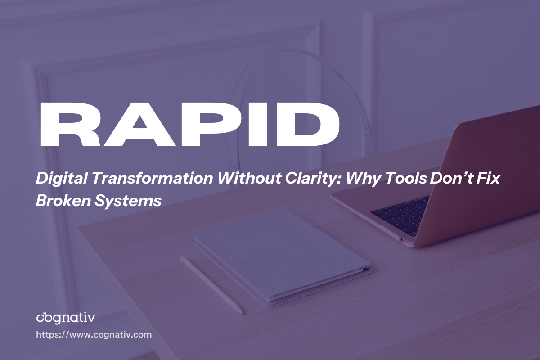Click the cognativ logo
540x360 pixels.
click(66, 318)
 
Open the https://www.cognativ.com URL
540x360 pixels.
click(94, 335)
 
